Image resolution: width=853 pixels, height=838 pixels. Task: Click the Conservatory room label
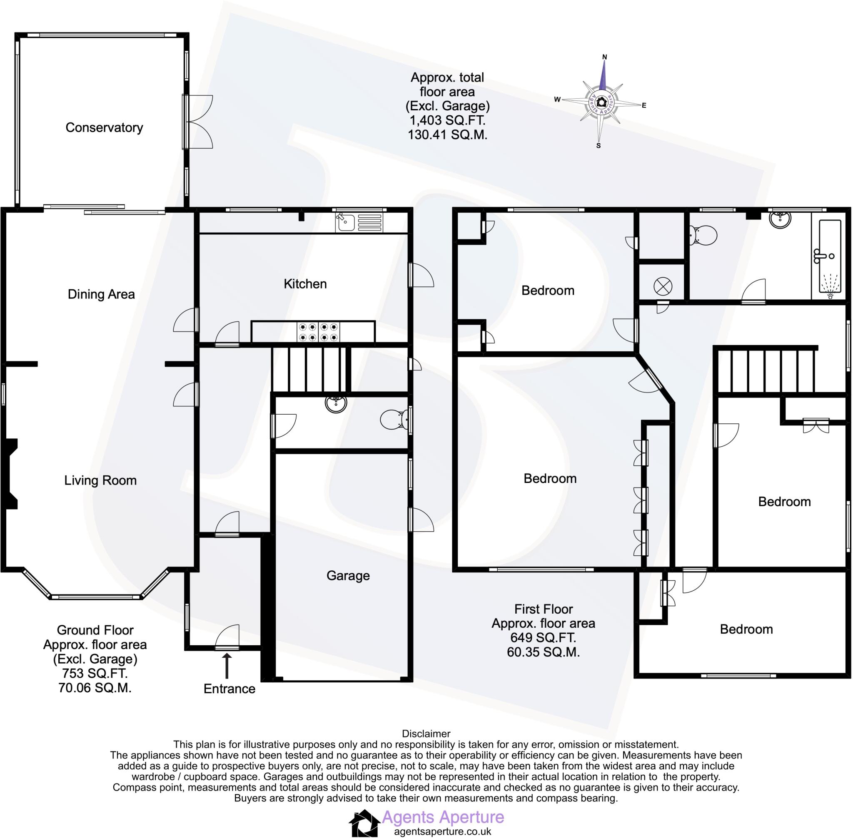(x=104, y=128)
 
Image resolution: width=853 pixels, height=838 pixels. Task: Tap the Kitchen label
(x=305, y=284)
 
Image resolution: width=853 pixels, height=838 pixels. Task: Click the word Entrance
(x=229, y=689)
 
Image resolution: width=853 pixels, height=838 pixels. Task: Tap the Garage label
(x=348, y=576)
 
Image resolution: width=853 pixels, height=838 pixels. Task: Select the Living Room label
(x=100, y=480)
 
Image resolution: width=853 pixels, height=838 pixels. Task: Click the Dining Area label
(x=101, y=294)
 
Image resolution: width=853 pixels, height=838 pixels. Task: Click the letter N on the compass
(x=605, y=57)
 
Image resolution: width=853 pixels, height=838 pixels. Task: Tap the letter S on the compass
(x=599, y=146)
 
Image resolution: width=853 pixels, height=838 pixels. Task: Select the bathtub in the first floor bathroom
(x=830, y=256)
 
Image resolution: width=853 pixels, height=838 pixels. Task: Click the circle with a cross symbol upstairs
(x=663, y=287)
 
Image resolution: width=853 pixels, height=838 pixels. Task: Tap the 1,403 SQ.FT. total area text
(x=447, y=121)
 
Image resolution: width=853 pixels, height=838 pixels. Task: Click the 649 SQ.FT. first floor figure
(x=543, y=638)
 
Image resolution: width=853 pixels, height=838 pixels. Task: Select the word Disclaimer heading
(x=426, y=734)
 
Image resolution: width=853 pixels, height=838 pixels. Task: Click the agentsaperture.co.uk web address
(x=442, y=831)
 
